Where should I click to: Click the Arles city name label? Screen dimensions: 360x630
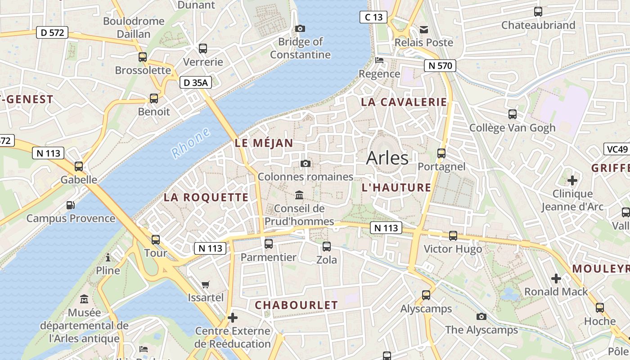(387, 158)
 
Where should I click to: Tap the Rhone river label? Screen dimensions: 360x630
(191, 143)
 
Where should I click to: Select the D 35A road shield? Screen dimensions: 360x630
(196, 83)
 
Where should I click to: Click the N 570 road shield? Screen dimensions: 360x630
(440, 66)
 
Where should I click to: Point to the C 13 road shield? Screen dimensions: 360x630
(373, 18)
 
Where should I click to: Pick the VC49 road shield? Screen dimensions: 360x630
(616, 149)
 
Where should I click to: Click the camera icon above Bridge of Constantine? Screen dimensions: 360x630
(300, 28)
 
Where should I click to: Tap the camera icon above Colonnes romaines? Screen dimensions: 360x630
(306, 163)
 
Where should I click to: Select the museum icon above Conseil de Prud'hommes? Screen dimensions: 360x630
(299, 195)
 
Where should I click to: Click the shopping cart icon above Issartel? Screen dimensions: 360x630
(206, 284)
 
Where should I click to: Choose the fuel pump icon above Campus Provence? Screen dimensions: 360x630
(71, 205)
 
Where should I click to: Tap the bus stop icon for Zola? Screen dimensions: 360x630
(327, 247)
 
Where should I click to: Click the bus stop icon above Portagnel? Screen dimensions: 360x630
(441, 153)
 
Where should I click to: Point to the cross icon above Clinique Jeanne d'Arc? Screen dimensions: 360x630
(572, 181)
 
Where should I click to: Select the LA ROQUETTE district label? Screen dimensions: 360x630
(206, 197)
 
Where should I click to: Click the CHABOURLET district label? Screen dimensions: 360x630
(296, 305)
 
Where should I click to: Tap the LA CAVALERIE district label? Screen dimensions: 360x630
(404, 102)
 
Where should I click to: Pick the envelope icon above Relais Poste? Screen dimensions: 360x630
(424, 30)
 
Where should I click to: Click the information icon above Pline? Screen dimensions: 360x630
(108, 257)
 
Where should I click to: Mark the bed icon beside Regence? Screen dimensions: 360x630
(379, 60)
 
